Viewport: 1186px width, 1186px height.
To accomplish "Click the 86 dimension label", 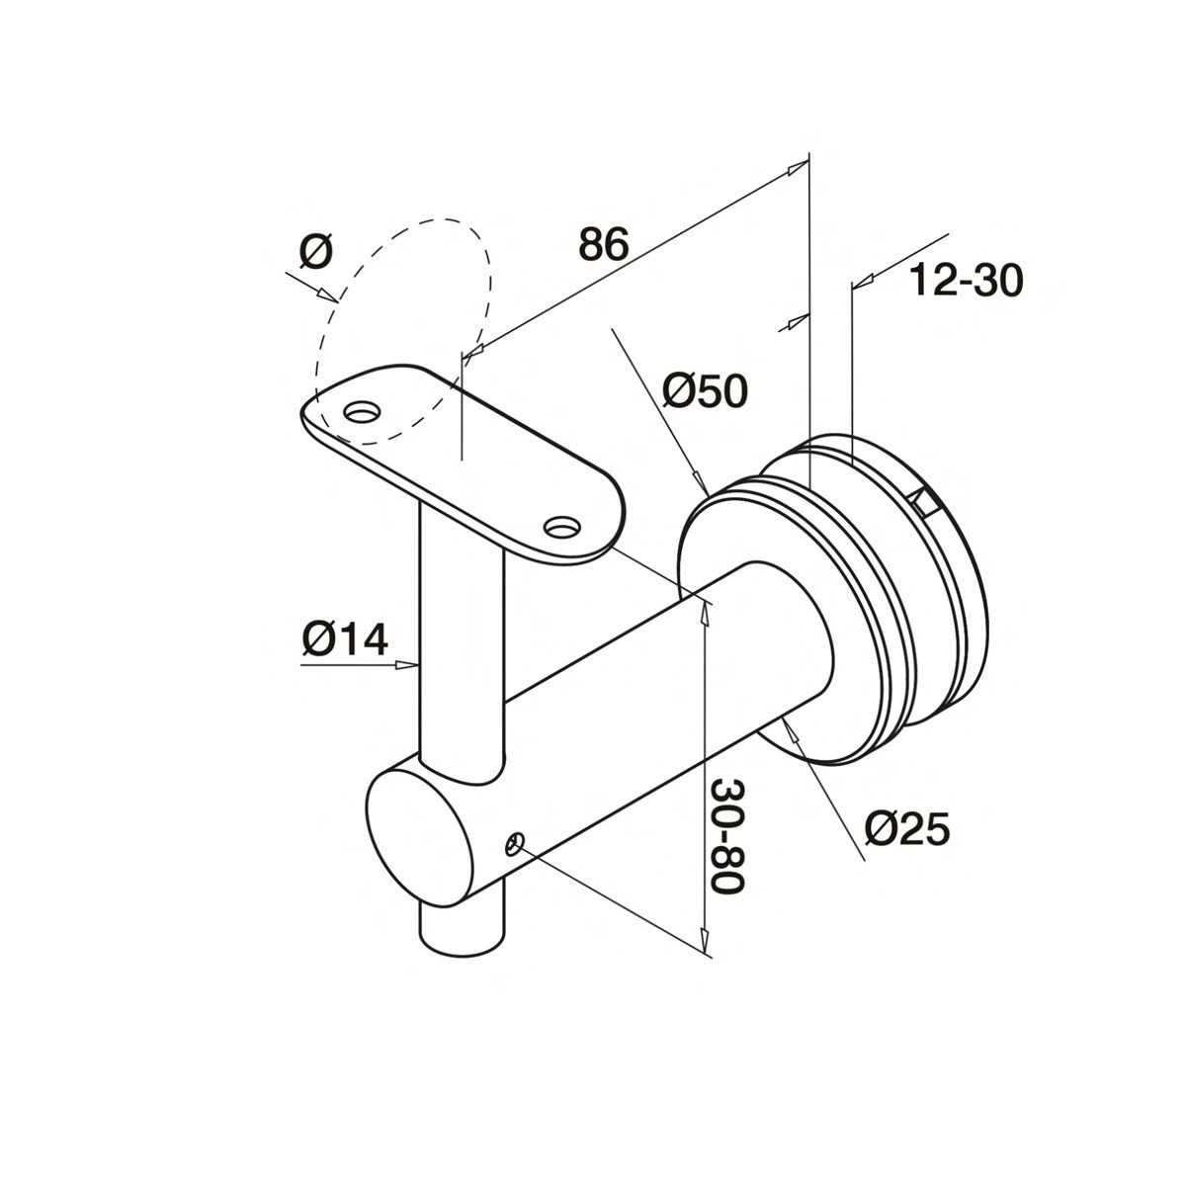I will click(604, 244).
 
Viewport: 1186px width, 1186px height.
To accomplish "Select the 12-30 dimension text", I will click(966, 282).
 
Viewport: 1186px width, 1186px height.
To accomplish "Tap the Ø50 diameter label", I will click(705, 392).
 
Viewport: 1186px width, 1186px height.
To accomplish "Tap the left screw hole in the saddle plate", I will click(361, 409).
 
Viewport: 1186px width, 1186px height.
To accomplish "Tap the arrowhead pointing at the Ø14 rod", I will click(406, 665).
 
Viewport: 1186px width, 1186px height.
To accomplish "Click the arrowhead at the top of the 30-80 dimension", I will click(704, 609).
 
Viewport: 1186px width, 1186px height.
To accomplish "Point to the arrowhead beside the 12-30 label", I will click(861, 284).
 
